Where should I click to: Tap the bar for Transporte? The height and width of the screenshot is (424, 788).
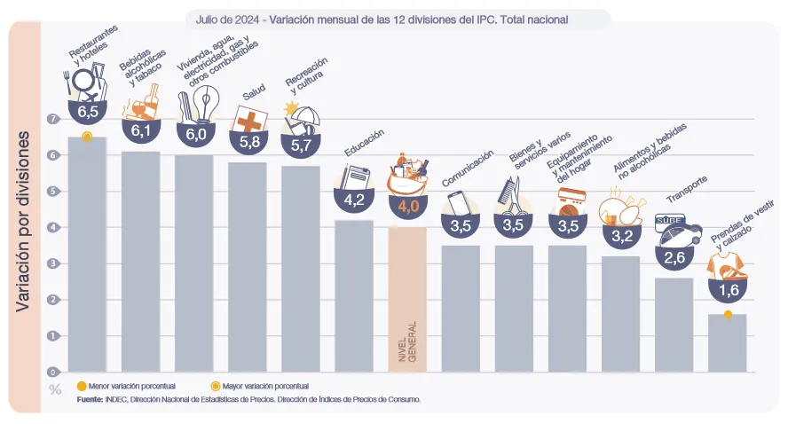tap(674, 325)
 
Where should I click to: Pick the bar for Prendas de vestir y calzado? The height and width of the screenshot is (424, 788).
tap(727, 342)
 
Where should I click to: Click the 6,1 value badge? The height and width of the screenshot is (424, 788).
tap(140, 131)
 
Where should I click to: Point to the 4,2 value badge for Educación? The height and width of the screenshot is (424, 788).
tap(354, 200)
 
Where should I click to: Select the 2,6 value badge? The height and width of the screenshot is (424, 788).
tap(674, 258)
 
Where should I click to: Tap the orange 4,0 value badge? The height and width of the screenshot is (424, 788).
tap(407, 207)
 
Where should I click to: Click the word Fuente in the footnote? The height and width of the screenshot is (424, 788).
tap(90, 400)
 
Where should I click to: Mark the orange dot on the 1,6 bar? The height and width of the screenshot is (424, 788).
tap(728, 314)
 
